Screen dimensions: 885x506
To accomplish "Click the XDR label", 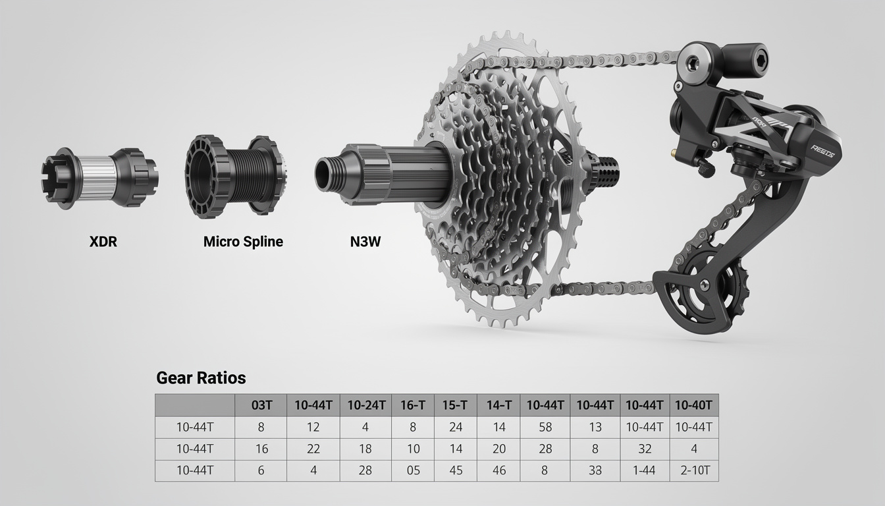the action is (103, 242).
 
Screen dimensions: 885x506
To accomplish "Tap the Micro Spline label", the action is (243, 242).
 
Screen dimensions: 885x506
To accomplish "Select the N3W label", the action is (365, 242).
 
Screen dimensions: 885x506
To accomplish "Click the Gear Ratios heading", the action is (201, 378).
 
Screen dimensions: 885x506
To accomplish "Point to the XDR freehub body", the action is (99, 178).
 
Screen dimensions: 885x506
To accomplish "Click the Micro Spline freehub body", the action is (236, 177).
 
